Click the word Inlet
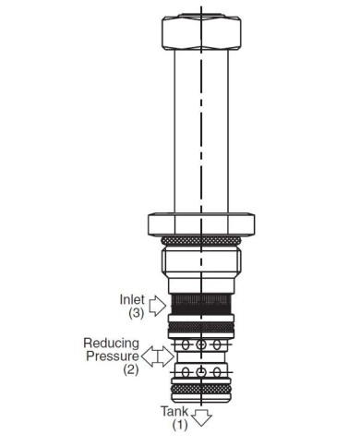point(132,299)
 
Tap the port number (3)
point(137,313)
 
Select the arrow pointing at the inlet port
point(158,306)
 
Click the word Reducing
point(112,344)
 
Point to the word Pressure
point(113,356)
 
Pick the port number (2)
point(131,369)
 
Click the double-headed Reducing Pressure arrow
point(158,356)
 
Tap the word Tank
point(174,411)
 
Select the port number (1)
point(180,425)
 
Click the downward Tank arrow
point(201,418)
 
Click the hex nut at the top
point(201,32)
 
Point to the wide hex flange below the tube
point(201,224)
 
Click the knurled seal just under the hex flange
point(201,240)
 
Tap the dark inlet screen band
point(201,304)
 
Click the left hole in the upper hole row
point(185,344)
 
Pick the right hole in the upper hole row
point(217,344)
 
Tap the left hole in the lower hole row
point(185,372)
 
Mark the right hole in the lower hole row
point(217,372)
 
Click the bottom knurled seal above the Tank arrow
point(201,389)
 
